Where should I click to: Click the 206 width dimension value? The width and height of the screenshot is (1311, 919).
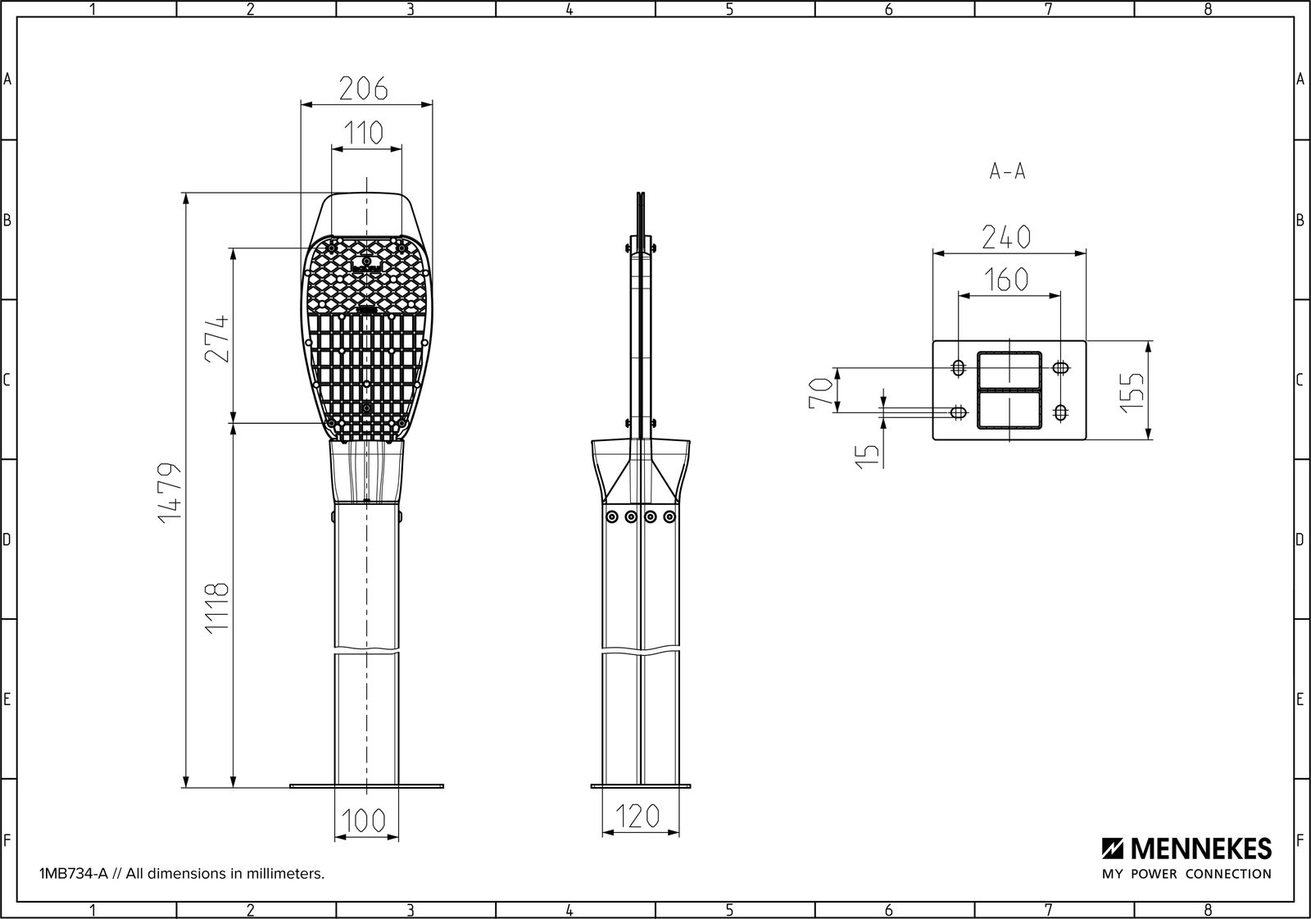(x=364, y=89)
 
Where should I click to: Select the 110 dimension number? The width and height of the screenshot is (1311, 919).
(x=364, y=133)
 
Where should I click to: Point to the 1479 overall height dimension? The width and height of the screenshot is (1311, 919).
(x=170, y=492)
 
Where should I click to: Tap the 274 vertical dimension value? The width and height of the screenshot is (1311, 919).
(x=217, y=339)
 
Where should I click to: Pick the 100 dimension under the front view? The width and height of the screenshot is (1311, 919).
(x=364, y=821)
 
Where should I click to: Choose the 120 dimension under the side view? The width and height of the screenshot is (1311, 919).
(x=638, y=816)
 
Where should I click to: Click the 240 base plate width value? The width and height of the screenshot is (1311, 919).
(x=1006, y=237)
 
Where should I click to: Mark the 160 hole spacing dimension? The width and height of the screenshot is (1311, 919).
(x=1006, y=280)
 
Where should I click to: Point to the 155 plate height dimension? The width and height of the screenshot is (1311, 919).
(x=1132, y=392)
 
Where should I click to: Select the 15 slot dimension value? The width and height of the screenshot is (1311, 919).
(x=868, y=457)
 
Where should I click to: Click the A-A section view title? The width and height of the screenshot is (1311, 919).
(x=1007, y=171)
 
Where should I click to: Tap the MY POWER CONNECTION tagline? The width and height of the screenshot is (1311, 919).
(x=1187, y=874)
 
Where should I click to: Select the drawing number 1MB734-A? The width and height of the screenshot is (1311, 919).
(x=74, y=874)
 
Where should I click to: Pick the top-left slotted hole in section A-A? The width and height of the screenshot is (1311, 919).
(x=958, y=368)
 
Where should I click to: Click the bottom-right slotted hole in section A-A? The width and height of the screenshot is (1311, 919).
(x=1060, y=413)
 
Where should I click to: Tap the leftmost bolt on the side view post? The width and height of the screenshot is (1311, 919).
(x=612, y=516)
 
